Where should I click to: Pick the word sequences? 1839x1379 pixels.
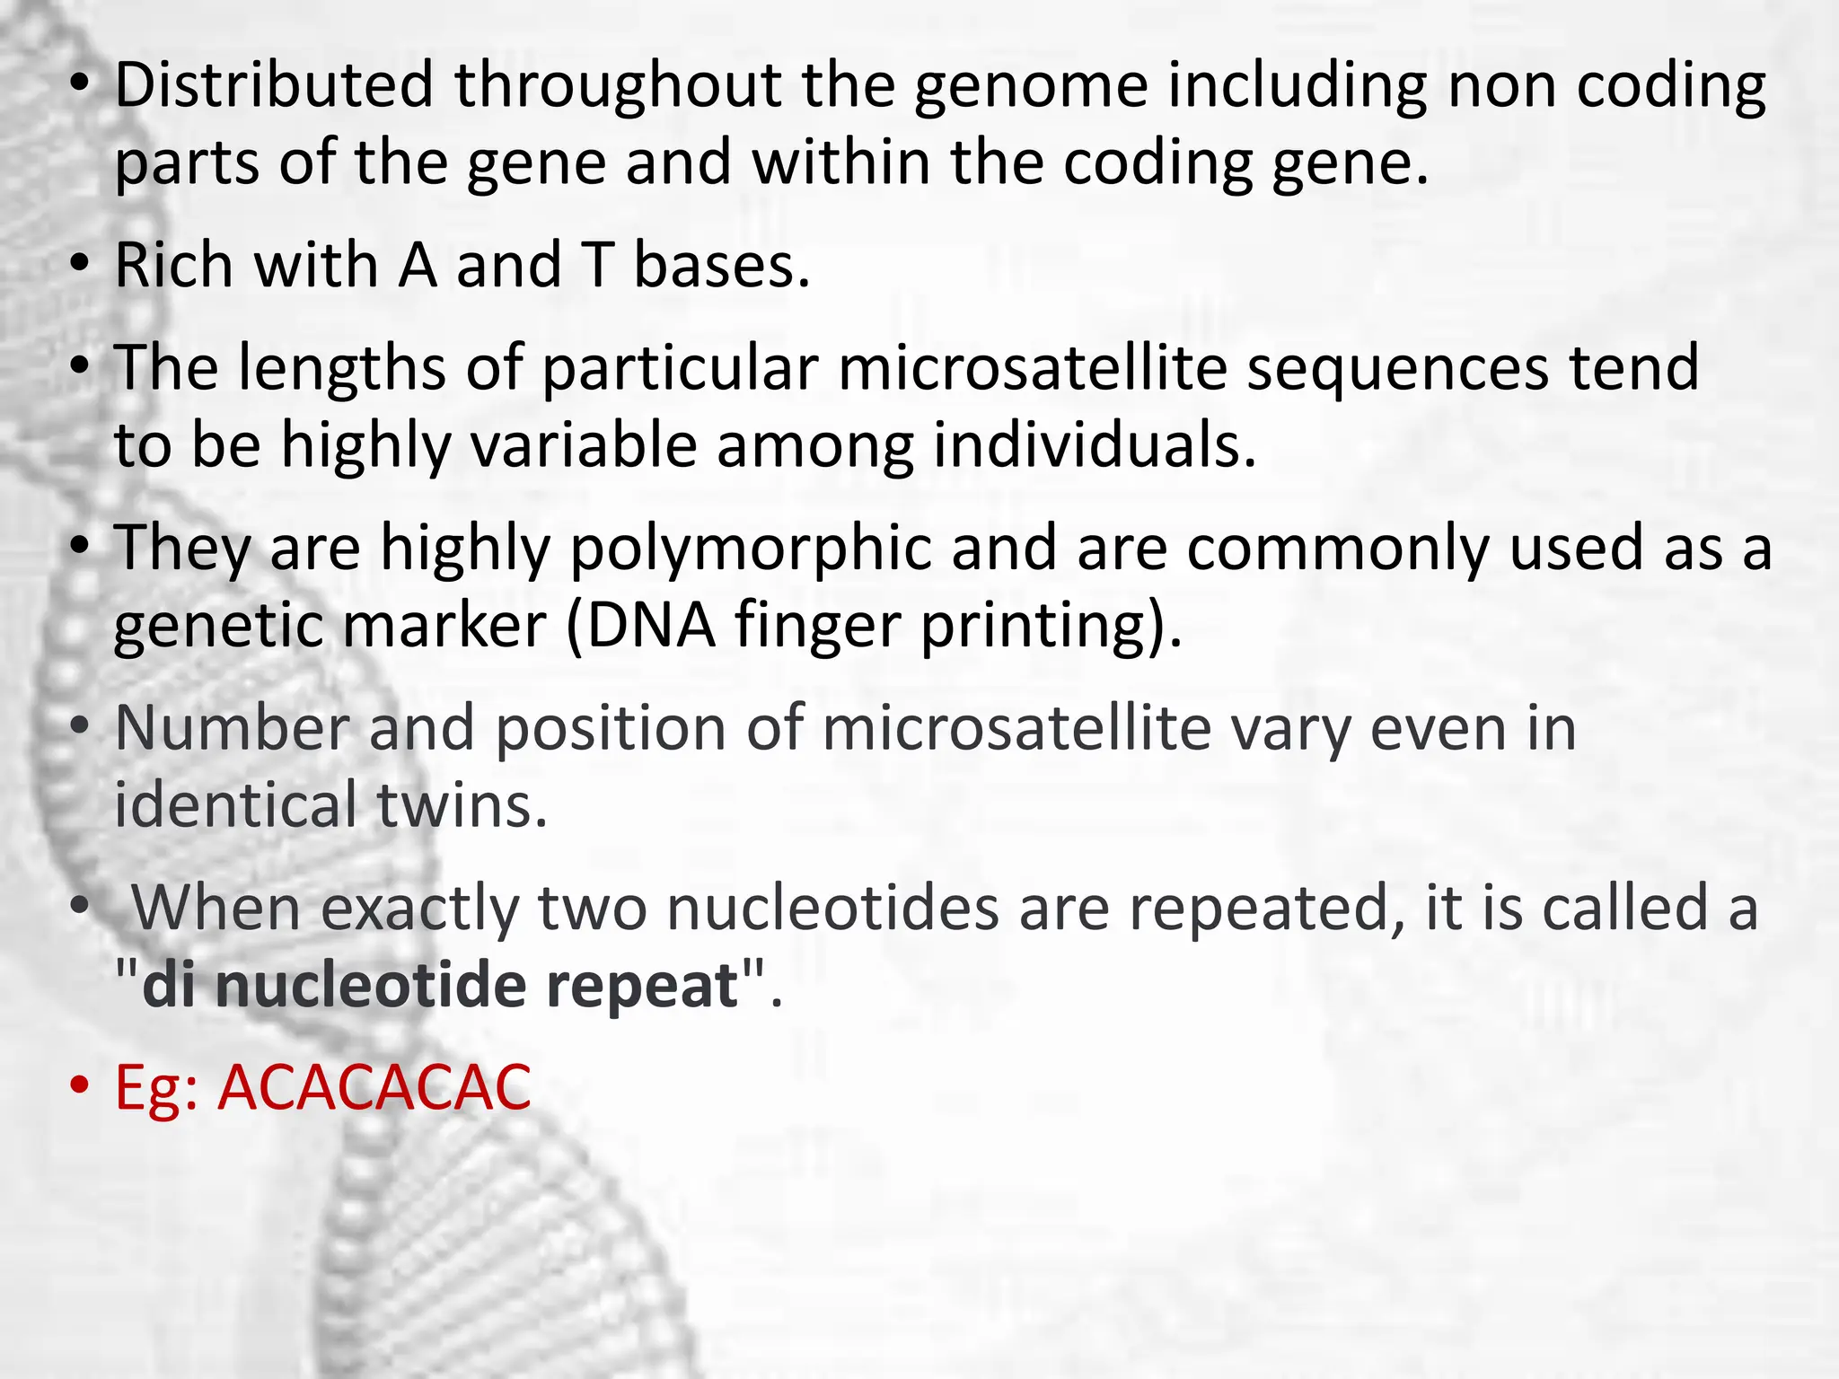click(1397, 368)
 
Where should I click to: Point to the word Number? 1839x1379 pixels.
click(232, 728)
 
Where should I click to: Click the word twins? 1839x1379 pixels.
click(462, 804)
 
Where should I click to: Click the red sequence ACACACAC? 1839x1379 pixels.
click(374, 1087)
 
